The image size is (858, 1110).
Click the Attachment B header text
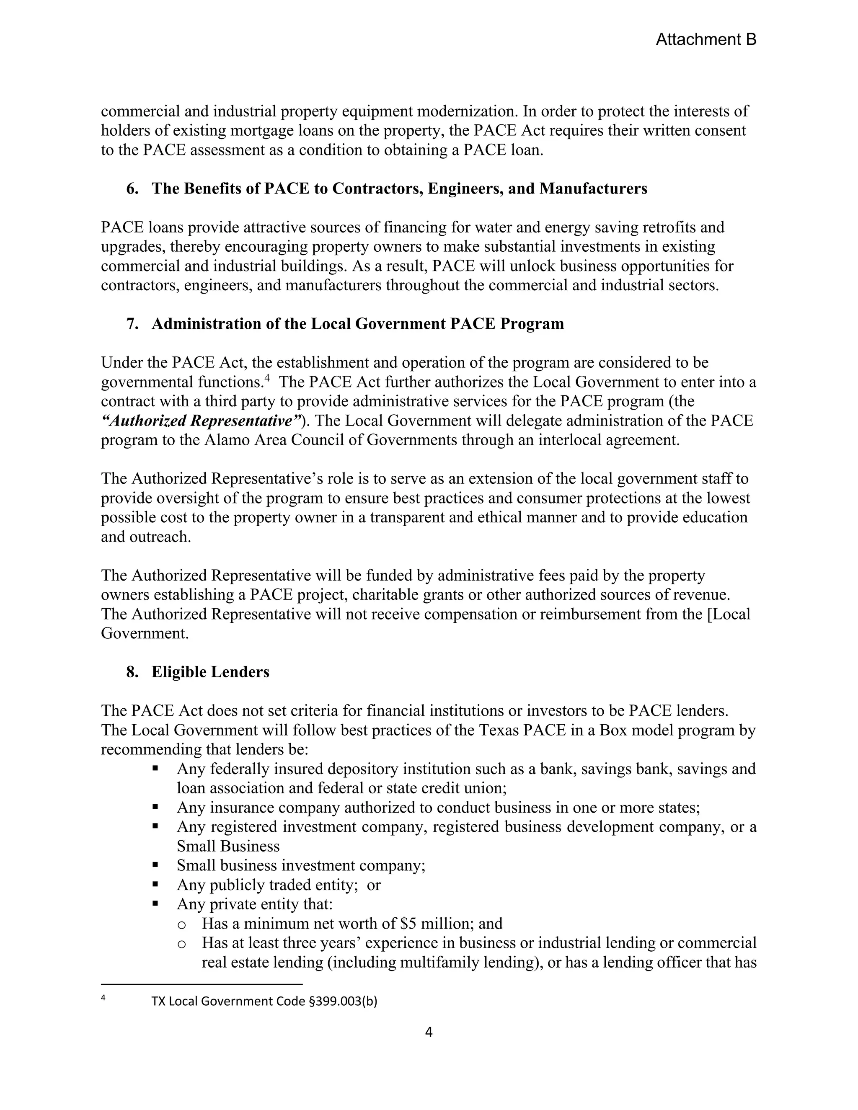pos(706,40)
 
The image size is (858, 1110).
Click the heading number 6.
pos(132,188)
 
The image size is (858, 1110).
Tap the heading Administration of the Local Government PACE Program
pos(357,324)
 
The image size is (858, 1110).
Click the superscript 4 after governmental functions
pos(267,378)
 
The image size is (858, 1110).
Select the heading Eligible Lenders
pos(210,672)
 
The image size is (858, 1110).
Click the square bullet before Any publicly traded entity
pos(155,885)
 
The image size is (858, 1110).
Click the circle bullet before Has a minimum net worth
pos(181,924)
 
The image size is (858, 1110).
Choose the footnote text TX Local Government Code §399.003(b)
pos(264,1001)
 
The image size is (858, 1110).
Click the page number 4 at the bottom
pos(429,1032)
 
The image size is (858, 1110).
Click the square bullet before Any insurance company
pos(155,808)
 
